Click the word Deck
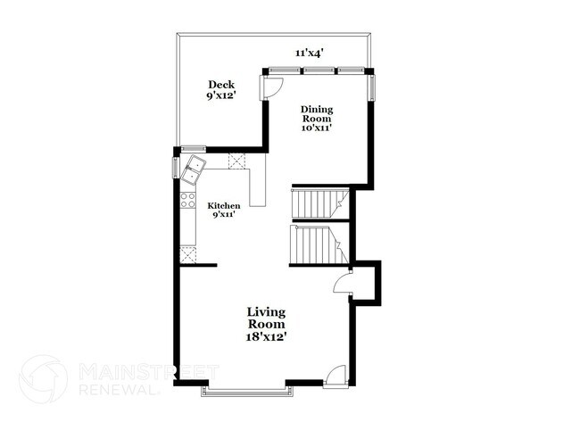222,85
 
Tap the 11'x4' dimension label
310,54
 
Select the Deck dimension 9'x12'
222,95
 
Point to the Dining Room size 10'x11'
317,128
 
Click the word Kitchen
224,205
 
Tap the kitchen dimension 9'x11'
224,215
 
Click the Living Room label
266,318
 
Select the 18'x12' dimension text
266,336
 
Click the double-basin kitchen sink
194,167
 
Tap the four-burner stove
188,201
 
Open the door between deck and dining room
273,87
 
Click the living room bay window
246,389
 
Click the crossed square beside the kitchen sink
237,161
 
